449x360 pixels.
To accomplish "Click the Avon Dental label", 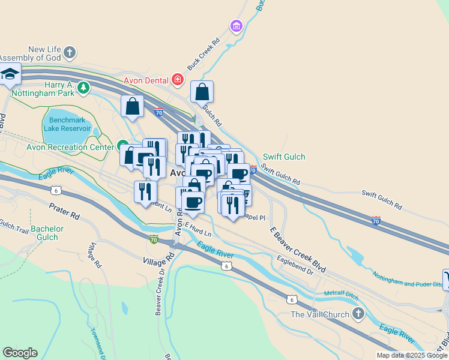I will [146, 80].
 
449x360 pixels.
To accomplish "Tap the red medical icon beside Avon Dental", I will [177, 79].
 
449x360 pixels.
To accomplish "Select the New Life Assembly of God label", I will [45, 53].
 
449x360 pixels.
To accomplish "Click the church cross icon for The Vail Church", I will [358, 313].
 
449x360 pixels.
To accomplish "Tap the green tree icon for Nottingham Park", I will [83, 89].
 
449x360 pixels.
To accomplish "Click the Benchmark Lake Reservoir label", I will [67, 124].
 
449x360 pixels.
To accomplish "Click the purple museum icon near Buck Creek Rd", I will [236, 26].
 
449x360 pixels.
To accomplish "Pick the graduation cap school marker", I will [10, 74].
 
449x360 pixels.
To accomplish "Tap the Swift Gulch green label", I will [284, 157].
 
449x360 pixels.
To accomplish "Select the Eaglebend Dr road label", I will [295, 265].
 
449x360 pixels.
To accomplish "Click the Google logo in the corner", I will [20, 353].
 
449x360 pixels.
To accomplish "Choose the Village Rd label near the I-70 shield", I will [158, 258].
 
